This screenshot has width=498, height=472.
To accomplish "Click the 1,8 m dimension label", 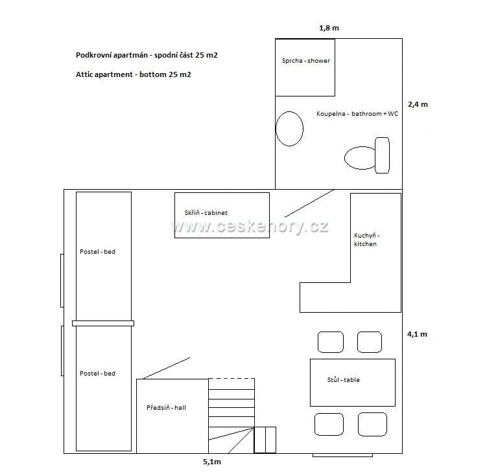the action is [329, 28].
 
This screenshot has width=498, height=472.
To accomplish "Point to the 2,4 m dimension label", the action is [418, 104].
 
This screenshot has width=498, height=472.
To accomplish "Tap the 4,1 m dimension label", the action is [417, 334].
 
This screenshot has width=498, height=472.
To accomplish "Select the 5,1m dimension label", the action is [212, 462].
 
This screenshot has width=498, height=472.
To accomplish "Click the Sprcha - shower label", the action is [306, 61].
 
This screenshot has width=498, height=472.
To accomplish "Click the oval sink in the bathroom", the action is [289, 129].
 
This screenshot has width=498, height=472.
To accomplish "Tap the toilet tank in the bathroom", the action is [382, 155].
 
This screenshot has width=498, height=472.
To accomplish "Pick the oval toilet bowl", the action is [360, 157].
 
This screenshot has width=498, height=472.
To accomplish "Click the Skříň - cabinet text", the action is [206, 213].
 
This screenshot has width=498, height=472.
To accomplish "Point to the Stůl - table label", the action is [343, 379].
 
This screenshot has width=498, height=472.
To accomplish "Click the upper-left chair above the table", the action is [331, 343].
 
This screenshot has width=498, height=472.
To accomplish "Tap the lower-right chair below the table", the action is [373, 425].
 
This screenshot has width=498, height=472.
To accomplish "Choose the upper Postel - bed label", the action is [97, 252].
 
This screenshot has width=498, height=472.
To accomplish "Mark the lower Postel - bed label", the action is [97, 374].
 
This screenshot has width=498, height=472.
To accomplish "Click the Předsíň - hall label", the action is [166, 408].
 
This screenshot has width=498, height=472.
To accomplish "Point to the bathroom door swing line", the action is [309, 204].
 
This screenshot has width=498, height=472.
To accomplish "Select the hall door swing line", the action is [167, 368].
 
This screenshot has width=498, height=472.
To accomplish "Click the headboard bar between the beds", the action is [103, 324].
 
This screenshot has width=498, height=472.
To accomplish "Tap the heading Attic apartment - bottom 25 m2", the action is [134, 74].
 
